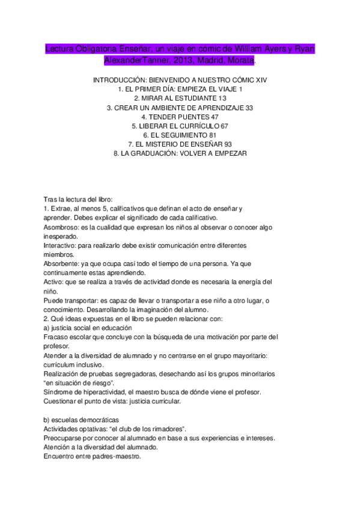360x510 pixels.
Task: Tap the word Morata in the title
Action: (238, 61)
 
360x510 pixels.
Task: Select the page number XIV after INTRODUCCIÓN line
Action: (260, 80)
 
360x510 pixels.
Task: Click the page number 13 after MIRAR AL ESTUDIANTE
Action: (222, 98)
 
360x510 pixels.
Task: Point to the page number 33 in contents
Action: (249, 108)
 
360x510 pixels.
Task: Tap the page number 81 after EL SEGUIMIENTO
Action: (212, 135)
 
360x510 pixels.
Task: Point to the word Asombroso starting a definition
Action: (63, 227)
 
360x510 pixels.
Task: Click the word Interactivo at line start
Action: (63, 245)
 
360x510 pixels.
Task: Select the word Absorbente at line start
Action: (63, 263)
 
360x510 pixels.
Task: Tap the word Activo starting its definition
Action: (55, 281)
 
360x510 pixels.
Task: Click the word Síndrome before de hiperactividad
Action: (59, 392)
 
